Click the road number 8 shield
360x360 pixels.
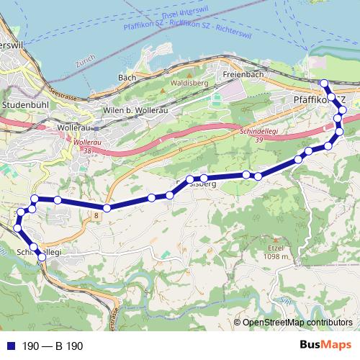coord(94,214)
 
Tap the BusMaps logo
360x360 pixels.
coord(320,346)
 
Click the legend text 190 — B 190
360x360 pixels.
coord(53,346)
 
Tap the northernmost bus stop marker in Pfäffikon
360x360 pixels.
coord(324,83)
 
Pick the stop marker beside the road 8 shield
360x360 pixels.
coord(107,208)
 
